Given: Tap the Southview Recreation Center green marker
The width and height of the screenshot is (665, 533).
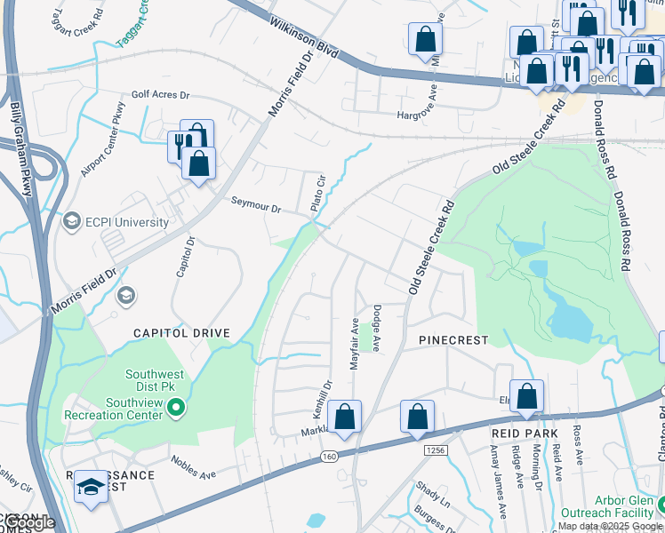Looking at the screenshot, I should click(176, 409).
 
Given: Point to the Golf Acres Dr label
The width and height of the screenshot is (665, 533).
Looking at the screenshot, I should click(161, 93).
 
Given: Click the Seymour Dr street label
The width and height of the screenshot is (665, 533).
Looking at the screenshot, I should click(256, 205).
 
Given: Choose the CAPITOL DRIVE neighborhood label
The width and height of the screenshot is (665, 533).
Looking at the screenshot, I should click(181, 333).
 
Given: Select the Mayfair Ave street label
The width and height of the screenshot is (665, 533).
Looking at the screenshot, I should click(354, 344).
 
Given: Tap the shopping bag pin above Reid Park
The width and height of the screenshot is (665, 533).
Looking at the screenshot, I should click(526, 397).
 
